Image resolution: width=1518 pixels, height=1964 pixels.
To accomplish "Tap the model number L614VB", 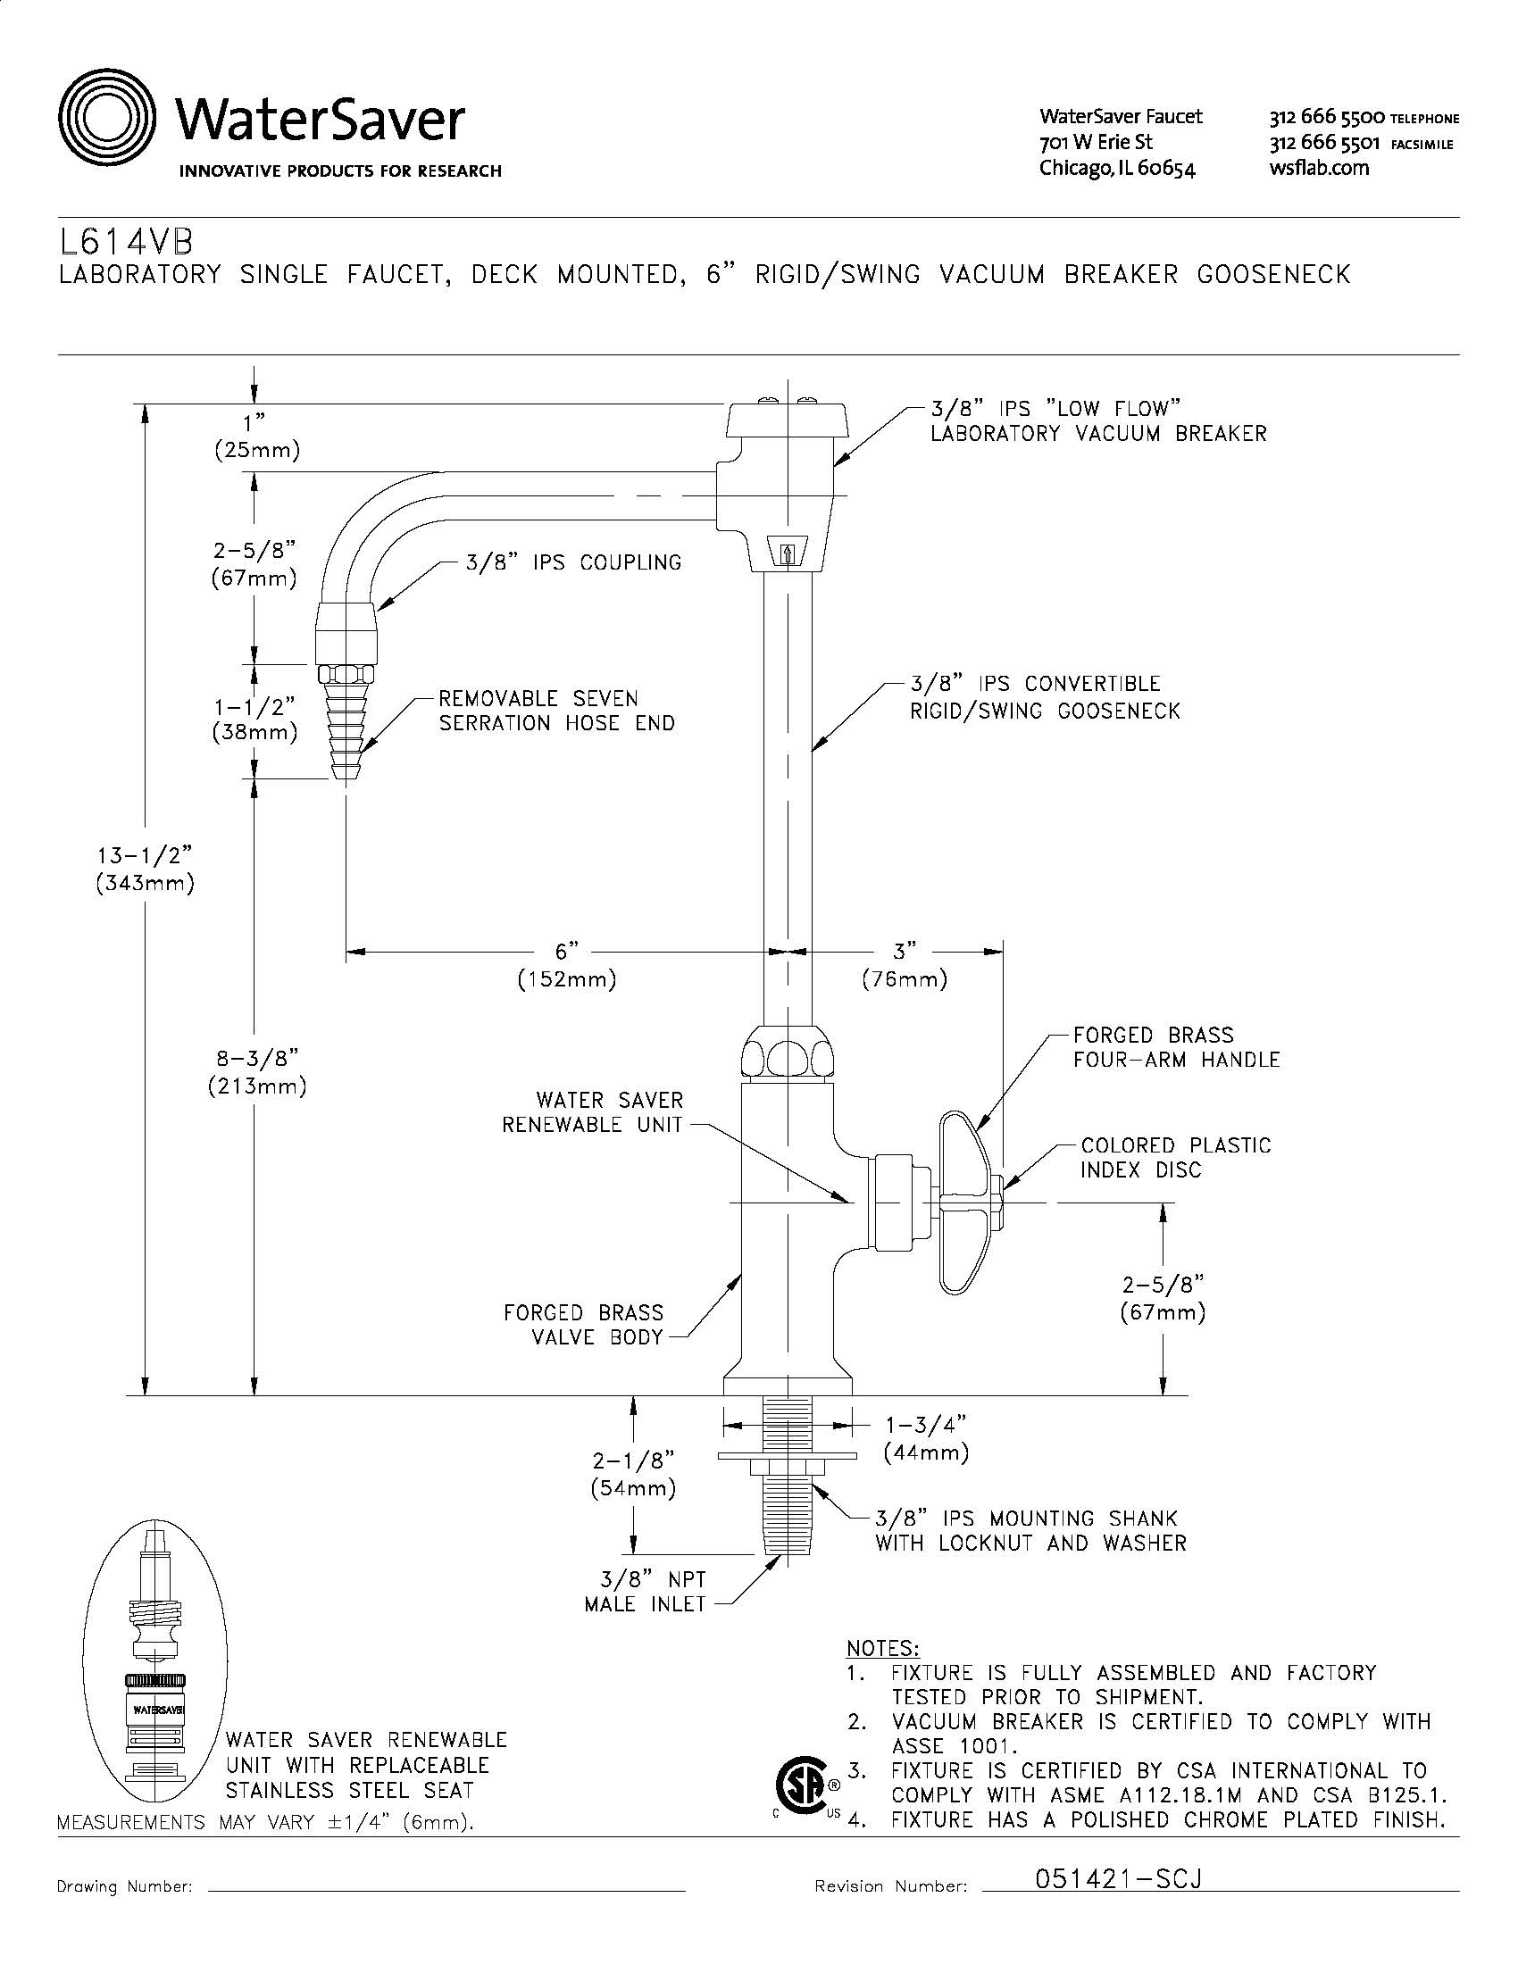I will (126, 242).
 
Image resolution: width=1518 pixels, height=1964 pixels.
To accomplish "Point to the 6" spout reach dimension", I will (566, 965).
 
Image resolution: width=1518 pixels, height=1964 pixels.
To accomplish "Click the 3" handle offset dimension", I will (904, 965).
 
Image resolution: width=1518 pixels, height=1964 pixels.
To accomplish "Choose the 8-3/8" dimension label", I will (256, 1072).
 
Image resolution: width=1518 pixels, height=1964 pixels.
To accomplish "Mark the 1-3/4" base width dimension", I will (925, 1439).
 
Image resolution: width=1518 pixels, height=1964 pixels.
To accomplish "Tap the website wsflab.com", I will (1318, 167).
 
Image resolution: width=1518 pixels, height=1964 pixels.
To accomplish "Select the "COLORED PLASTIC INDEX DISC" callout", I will (1175, 1157).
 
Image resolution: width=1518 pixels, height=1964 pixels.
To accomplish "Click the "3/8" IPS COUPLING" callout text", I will (573, 563).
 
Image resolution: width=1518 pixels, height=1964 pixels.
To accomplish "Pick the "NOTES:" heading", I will (883, 1648).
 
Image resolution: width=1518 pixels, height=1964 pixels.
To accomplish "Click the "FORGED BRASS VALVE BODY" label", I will (584, 1325).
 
